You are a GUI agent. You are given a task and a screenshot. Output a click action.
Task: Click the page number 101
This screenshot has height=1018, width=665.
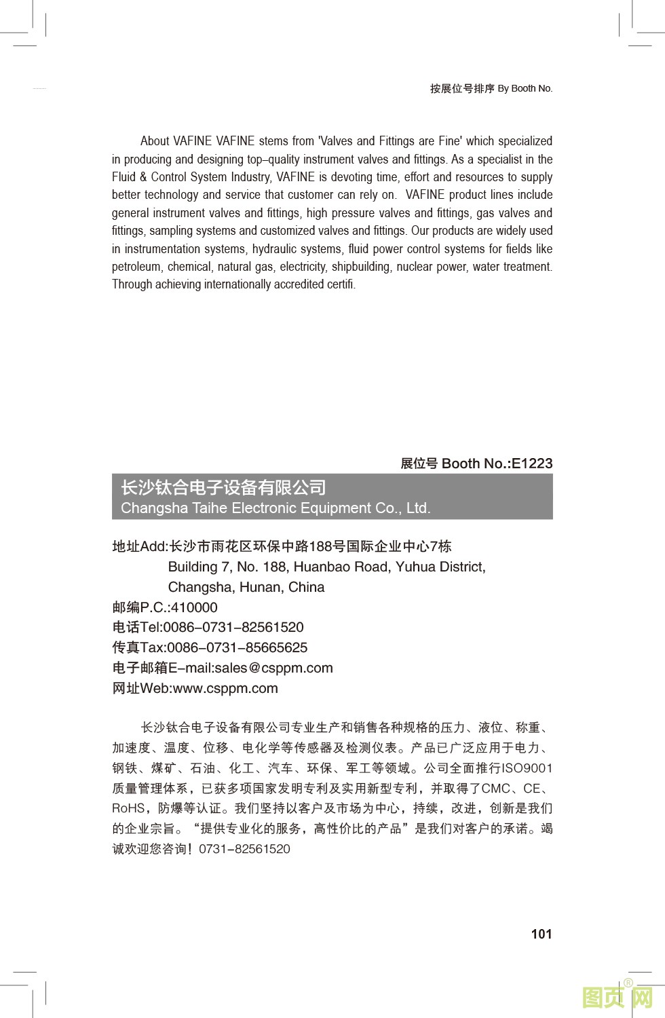pyautogui.click(x=541, y=935)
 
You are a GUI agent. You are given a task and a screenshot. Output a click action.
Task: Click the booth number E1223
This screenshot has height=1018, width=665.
pyautogui.click(x=532, y=464)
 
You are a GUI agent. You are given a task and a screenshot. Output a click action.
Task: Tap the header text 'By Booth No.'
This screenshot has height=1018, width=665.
pyautogui.click(x=525, y=88)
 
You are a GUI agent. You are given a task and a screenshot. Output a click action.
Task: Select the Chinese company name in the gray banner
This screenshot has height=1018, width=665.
pyautogui.click(x=223, y=488)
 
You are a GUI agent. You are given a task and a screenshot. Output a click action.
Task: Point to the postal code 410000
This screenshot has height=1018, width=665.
pyautogui.click(x=194, y=607)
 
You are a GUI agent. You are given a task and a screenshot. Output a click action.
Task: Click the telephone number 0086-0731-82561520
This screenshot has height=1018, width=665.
pyautogui.click(x=233, y=628)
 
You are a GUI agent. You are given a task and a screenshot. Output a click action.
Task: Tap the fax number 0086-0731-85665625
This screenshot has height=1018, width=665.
pyautogui.click(x=237, y=648)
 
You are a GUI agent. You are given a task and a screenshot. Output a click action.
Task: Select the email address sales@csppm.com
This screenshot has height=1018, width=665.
pyautogui.click(x=273, y=668)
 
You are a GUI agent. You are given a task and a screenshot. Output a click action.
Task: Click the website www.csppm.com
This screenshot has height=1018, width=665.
pyautogui.click(x=225, y=689)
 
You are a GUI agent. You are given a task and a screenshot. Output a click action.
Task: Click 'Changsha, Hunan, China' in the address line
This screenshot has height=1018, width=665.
pyautogui.click(x=246, y=588)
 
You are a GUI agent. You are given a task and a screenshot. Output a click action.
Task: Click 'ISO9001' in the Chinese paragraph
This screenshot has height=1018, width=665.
pyautogui.click(x=527, y=768)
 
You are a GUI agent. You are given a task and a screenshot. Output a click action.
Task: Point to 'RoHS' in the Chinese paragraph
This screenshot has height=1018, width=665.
pyautogui.click(x=128, y=808)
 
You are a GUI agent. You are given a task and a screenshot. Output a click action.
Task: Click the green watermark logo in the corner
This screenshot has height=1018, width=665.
pyautogui.click(x=617, y=997)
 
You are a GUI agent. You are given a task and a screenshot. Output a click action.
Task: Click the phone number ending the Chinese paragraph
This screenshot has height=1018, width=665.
pyautogui.click(x=244, y=849)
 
